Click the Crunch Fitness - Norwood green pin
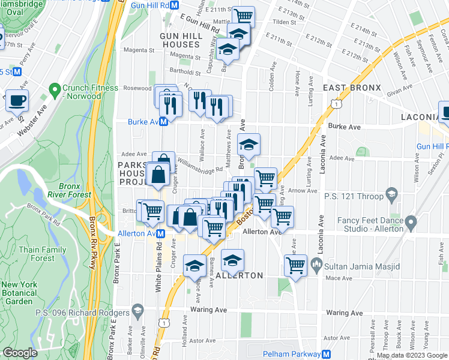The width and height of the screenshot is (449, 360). point(55,92)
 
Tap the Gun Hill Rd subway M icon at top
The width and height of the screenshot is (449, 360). point(174,5)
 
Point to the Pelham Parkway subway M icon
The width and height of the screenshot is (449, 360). point(327,354)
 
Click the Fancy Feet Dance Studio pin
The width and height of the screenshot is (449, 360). point(411,224)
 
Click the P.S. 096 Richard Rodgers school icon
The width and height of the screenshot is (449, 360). point(138,311)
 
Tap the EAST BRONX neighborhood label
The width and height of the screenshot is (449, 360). point(352,88)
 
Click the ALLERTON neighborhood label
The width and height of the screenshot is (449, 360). point(239,275)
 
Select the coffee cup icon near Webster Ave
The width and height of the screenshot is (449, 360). point(17,100)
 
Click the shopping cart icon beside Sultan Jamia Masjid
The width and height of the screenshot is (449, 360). point(295,264)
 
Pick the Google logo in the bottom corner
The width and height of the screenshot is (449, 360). point(20,353)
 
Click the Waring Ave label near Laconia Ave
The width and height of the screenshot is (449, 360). point(345,313)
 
